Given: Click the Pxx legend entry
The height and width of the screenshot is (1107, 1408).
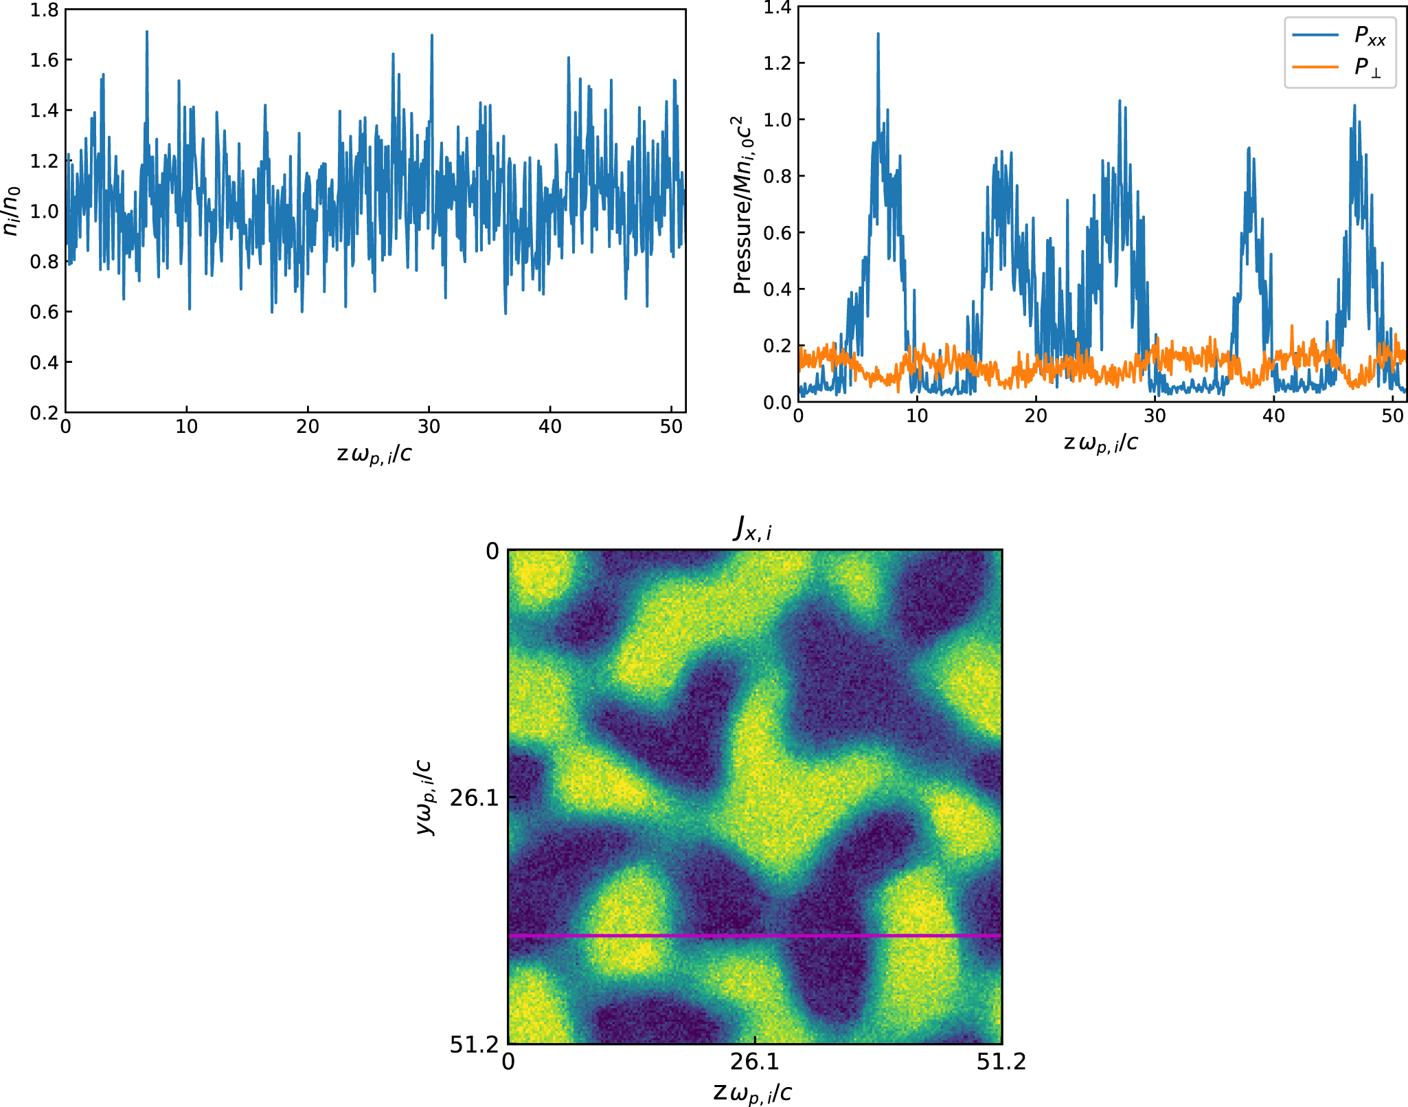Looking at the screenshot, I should pyautogui.click(x=1369, y=36).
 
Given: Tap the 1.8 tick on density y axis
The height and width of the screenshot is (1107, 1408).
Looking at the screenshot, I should pyautogui.click(x=44, y=10).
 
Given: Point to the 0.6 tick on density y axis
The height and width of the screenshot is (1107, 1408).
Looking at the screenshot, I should pyautogui.click(x=44, y=312).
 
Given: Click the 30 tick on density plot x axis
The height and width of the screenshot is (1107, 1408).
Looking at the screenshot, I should pyautogui.click(x=429, y=427).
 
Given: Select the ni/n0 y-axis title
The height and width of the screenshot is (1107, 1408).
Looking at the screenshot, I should pyautogui.click(x=12, y=211).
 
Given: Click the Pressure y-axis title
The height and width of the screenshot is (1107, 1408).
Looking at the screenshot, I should pyautogui.click(x=742, y=205).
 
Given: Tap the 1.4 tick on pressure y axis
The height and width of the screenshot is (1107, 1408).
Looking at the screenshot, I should pyautogui.click(x=777, y=8).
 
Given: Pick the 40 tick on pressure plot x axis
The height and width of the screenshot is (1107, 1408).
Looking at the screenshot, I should pyautogui.click(x=1273, y=416).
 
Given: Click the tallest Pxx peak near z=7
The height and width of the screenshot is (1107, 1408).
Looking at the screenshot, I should pyautogui.click(x=878, y=34).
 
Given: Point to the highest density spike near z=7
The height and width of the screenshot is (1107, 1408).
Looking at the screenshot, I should pyautogui.click(x=147, y=32).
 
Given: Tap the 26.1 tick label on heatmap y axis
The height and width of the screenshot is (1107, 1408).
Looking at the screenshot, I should pyautogui.click(x=474, y=798).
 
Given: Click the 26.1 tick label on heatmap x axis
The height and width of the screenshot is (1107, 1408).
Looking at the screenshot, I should pyautogui.click(x=754, y=1062).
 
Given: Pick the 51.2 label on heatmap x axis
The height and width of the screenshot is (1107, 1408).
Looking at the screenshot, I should pyautogui.click(x=1001, y=1062).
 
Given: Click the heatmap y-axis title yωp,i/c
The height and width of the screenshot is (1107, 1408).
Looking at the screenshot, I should pyautogui.click(x=425, y=797).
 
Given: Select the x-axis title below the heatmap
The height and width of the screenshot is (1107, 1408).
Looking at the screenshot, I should pyautogui.click(x=753, y=1092).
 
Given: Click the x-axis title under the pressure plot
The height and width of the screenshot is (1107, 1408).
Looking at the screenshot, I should pyautogui.click(x=1100, y=444).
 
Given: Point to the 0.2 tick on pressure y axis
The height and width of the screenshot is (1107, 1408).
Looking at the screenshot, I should pyautogui.click(x=777, y=346).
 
